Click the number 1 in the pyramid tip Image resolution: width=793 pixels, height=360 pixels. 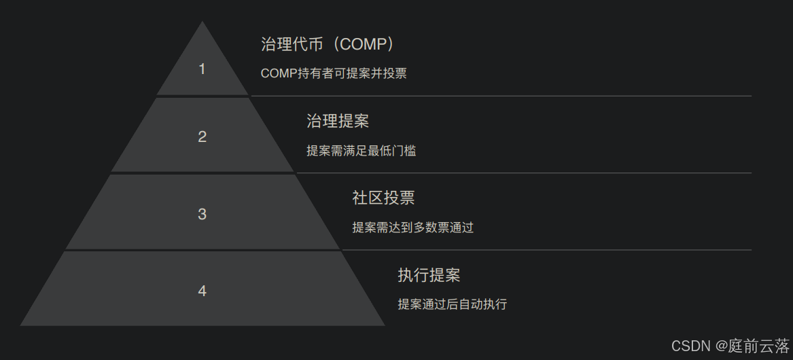click(x=202, y=69)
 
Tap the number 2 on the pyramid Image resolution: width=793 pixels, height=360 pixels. click(x=202, y=137)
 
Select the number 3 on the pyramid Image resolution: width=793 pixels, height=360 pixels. click(x=202, y=214)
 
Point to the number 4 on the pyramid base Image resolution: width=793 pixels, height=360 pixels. click(x=202, y=291)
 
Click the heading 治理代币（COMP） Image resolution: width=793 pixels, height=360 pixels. click(x=328, y=44)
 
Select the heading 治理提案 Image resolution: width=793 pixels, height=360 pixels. click(x=338, y=122)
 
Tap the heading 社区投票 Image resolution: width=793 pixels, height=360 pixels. click(x=383, y=198)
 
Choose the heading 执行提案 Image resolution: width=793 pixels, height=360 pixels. click(x=429, y=275)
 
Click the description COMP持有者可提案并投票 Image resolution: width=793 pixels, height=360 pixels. click(x=334, y=73)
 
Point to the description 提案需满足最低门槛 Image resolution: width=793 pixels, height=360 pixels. click(x=361, y=151)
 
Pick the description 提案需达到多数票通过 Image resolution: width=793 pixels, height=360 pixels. click(x=412, y=228)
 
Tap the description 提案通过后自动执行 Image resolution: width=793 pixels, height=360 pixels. click(x=452, y=304)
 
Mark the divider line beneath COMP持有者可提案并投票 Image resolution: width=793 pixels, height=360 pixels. click(x=501, y=96)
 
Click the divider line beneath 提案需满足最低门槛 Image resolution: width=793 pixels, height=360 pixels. click(x=524, y=173)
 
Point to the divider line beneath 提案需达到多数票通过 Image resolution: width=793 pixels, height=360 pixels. click(x=547, y=250)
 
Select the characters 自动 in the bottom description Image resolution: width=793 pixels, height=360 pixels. click(x=470, y=304)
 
